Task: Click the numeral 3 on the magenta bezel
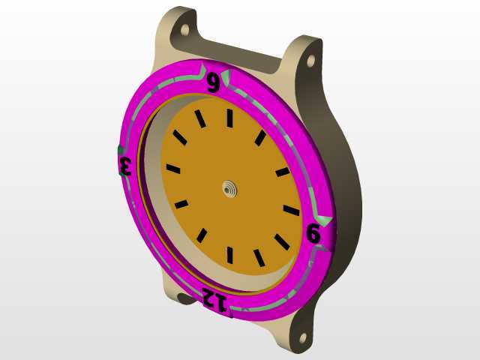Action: tap(125, 166)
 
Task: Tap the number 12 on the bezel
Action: tap(214, 299)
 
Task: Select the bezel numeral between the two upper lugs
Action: tap(213, 82)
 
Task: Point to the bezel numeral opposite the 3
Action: tap(313, 233)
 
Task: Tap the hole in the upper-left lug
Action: tap(185, 30)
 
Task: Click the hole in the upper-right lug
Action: tap(310, 61)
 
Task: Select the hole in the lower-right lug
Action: tap(303, 338)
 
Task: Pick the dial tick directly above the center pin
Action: tap(229, 118)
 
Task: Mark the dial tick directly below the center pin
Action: tap(230, 255)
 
